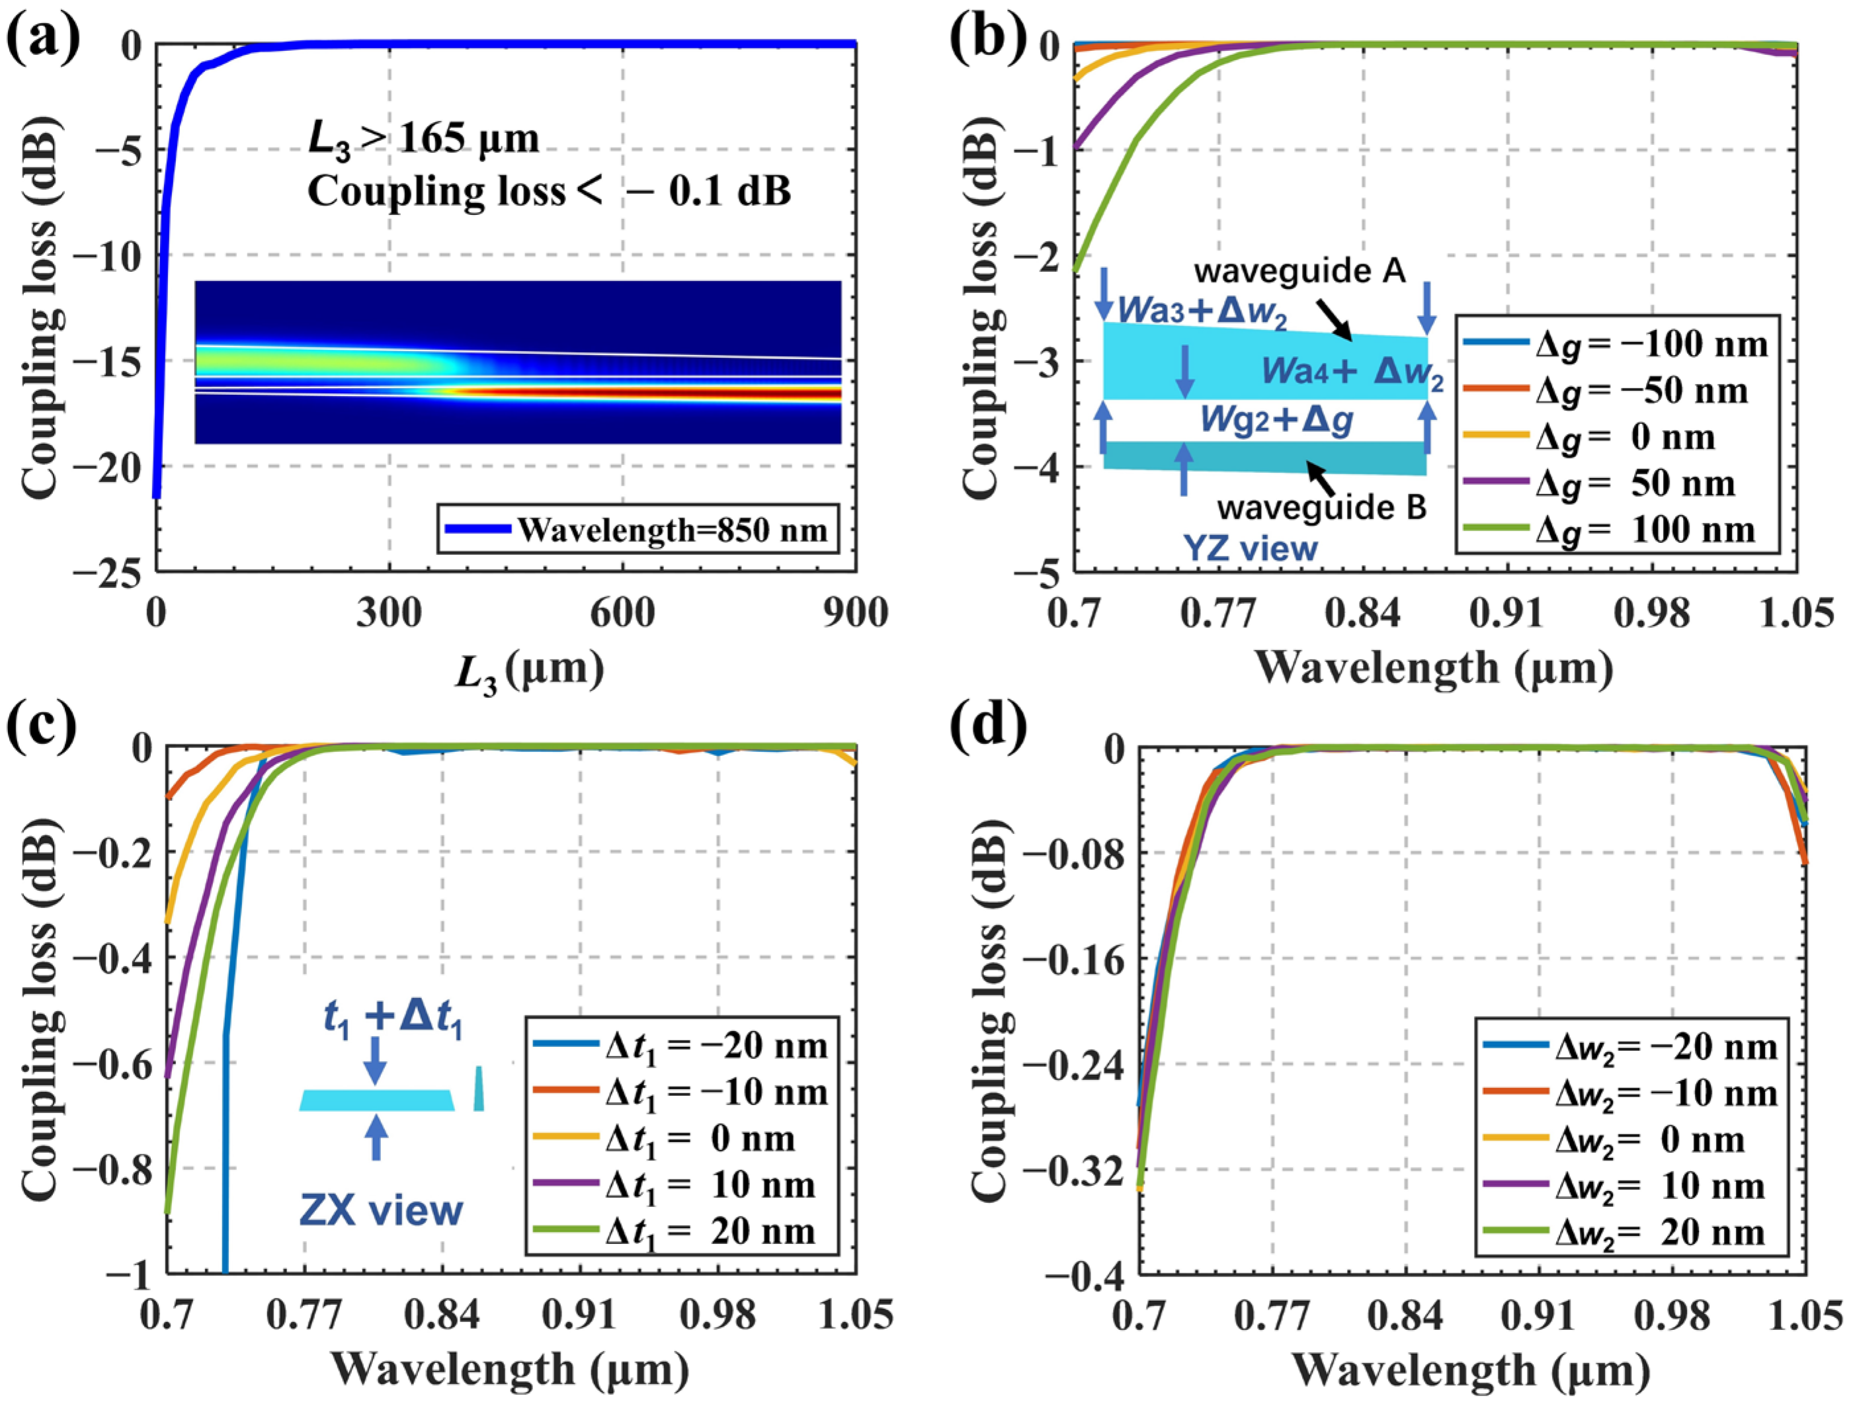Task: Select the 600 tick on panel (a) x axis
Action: pyautogui.click(x=622, y=614)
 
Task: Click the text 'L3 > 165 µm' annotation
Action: pyautogui.click(x=423, y=139)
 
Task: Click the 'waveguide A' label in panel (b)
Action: pyautogui.click(x=1299, y=271)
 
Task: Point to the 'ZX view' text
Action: pyautogui.click(x=382, y=1211)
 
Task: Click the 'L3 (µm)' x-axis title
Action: pyautogui.click(x=529, y=671)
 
